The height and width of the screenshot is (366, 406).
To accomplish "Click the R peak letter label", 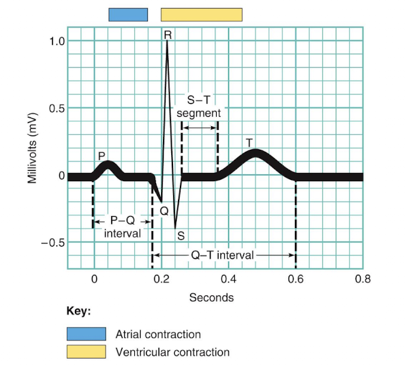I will (167, 36).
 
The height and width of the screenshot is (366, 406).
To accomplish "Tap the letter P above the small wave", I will (101, 155).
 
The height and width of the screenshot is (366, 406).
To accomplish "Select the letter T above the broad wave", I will (249, 142).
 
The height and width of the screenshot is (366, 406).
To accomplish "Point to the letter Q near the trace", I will (164, 211).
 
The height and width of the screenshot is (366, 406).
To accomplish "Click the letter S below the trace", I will (181, 235).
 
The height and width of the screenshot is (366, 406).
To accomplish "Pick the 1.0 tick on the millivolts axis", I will (56, 41).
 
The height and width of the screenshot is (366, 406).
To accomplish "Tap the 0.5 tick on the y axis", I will (56, 108).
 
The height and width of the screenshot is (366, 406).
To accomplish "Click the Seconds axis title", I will (211, 297).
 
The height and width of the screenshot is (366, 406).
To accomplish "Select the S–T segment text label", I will (199, 106).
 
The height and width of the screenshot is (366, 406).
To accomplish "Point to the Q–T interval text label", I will (222, 255).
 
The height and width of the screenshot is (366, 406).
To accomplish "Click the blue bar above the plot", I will (128, 14).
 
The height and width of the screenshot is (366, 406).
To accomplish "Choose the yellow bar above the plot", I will (201, 14).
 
